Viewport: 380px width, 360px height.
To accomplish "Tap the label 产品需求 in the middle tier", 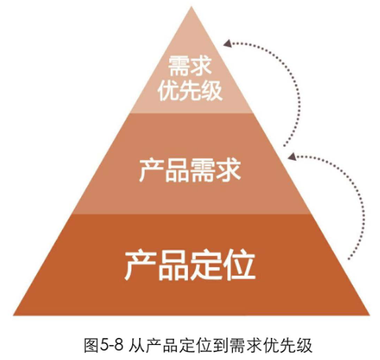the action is coord(190,170).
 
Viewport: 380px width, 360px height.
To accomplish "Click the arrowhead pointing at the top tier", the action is coord(227,43).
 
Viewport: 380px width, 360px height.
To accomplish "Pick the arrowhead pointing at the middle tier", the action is coord(292,155).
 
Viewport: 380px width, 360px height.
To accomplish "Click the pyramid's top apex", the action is coord(191,6).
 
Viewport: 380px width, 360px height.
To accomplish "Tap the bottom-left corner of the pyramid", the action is coord(13,315).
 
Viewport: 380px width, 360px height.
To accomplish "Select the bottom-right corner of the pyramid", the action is coord(370,315).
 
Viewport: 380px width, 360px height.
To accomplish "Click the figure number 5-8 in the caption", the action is coord(112,345).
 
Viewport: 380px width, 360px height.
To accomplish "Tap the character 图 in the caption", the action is coord(92,345).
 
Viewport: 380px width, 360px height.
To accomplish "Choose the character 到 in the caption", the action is coord(220,345).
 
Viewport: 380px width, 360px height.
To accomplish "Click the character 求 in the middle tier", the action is coord(228,170).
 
